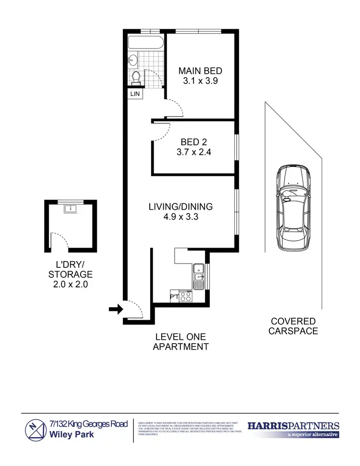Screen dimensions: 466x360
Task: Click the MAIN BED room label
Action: (200, 71)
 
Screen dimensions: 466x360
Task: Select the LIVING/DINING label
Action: (180, 207)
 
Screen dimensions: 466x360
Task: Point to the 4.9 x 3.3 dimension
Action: (180, 217)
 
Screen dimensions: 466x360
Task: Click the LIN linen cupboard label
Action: (135, 94)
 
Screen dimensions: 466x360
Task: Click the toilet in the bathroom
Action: (136, 77)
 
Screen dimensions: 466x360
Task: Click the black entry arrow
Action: (116, 310)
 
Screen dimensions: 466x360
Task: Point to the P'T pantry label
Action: (174, 297)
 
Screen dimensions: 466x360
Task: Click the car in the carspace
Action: (293, 208)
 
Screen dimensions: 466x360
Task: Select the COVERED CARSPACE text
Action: (293, 326)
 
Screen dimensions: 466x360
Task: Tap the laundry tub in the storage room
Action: (71, 208)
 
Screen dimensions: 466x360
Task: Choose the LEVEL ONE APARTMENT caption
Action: (180, 342)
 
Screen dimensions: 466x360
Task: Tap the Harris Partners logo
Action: (293, 429)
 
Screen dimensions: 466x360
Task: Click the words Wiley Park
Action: (72, 435)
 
